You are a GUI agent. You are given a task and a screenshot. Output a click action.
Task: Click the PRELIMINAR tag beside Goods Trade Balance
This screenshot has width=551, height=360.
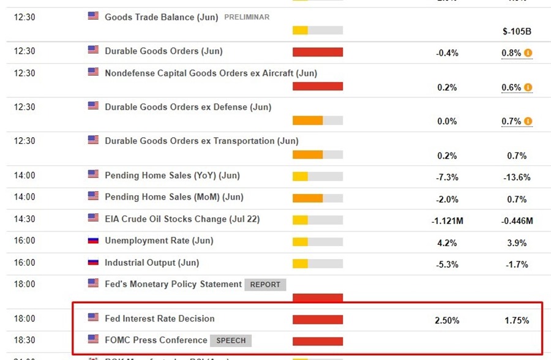pos(247,17)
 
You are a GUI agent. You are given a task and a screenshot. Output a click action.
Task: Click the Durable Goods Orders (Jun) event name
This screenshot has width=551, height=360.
pos(163,51)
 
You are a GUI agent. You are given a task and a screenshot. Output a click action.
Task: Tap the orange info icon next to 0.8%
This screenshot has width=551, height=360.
pos(528,53)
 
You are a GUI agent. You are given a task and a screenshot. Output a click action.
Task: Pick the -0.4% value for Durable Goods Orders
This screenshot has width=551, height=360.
pos(447,53)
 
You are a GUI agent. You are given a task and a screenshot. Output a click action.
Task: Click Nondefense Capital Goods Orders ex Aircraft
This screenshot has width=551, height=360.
pos(211,73)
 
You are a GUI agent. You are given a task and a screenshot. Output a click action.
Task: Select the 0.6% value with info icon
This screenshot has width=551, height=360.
pos(511,88)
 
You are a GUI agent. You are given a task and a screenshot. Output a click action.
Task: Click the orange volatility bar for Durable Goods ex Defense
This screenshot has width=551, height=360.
pos(307,121)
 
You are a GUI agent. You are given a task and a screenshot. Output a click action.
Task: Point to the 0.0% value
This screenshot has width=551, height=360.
pos(447,121)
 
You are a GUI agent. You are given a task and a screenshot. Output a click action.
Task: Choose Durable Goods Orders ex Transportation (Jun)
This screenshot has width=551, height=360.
pos(201,141)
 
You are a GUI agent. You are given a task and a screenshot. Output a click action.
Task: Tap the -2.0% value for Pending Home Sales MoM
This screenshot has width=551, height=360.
pos(447,199)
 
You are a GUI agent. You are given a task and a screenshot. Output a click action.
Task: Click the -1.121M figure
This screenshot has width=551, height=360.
pos(447,221)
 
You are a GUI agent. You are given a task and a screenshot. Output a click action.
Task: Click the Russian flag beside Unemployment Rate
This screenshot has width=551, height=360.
pos(93,240)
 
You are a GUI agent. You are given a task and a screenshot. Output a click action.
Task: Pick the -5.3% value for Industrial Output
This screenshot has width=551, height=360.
pos(447,264)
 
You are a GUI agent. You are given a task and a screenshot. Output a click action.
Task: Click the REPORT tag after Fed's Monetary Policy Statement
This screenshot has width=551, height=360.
pos(265,285)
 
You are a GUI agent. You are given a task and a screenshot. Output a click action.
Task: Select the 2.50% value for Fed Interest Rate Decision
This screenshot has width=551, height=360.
pos(447,320)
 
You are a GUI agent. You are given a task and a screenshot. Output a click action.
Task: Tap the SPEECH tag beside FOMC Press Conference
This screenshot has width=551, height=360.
pos(231,340)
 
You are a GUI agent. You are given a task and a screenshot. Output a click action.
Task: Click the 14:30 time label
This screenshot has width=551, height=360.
pos(24,219)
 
